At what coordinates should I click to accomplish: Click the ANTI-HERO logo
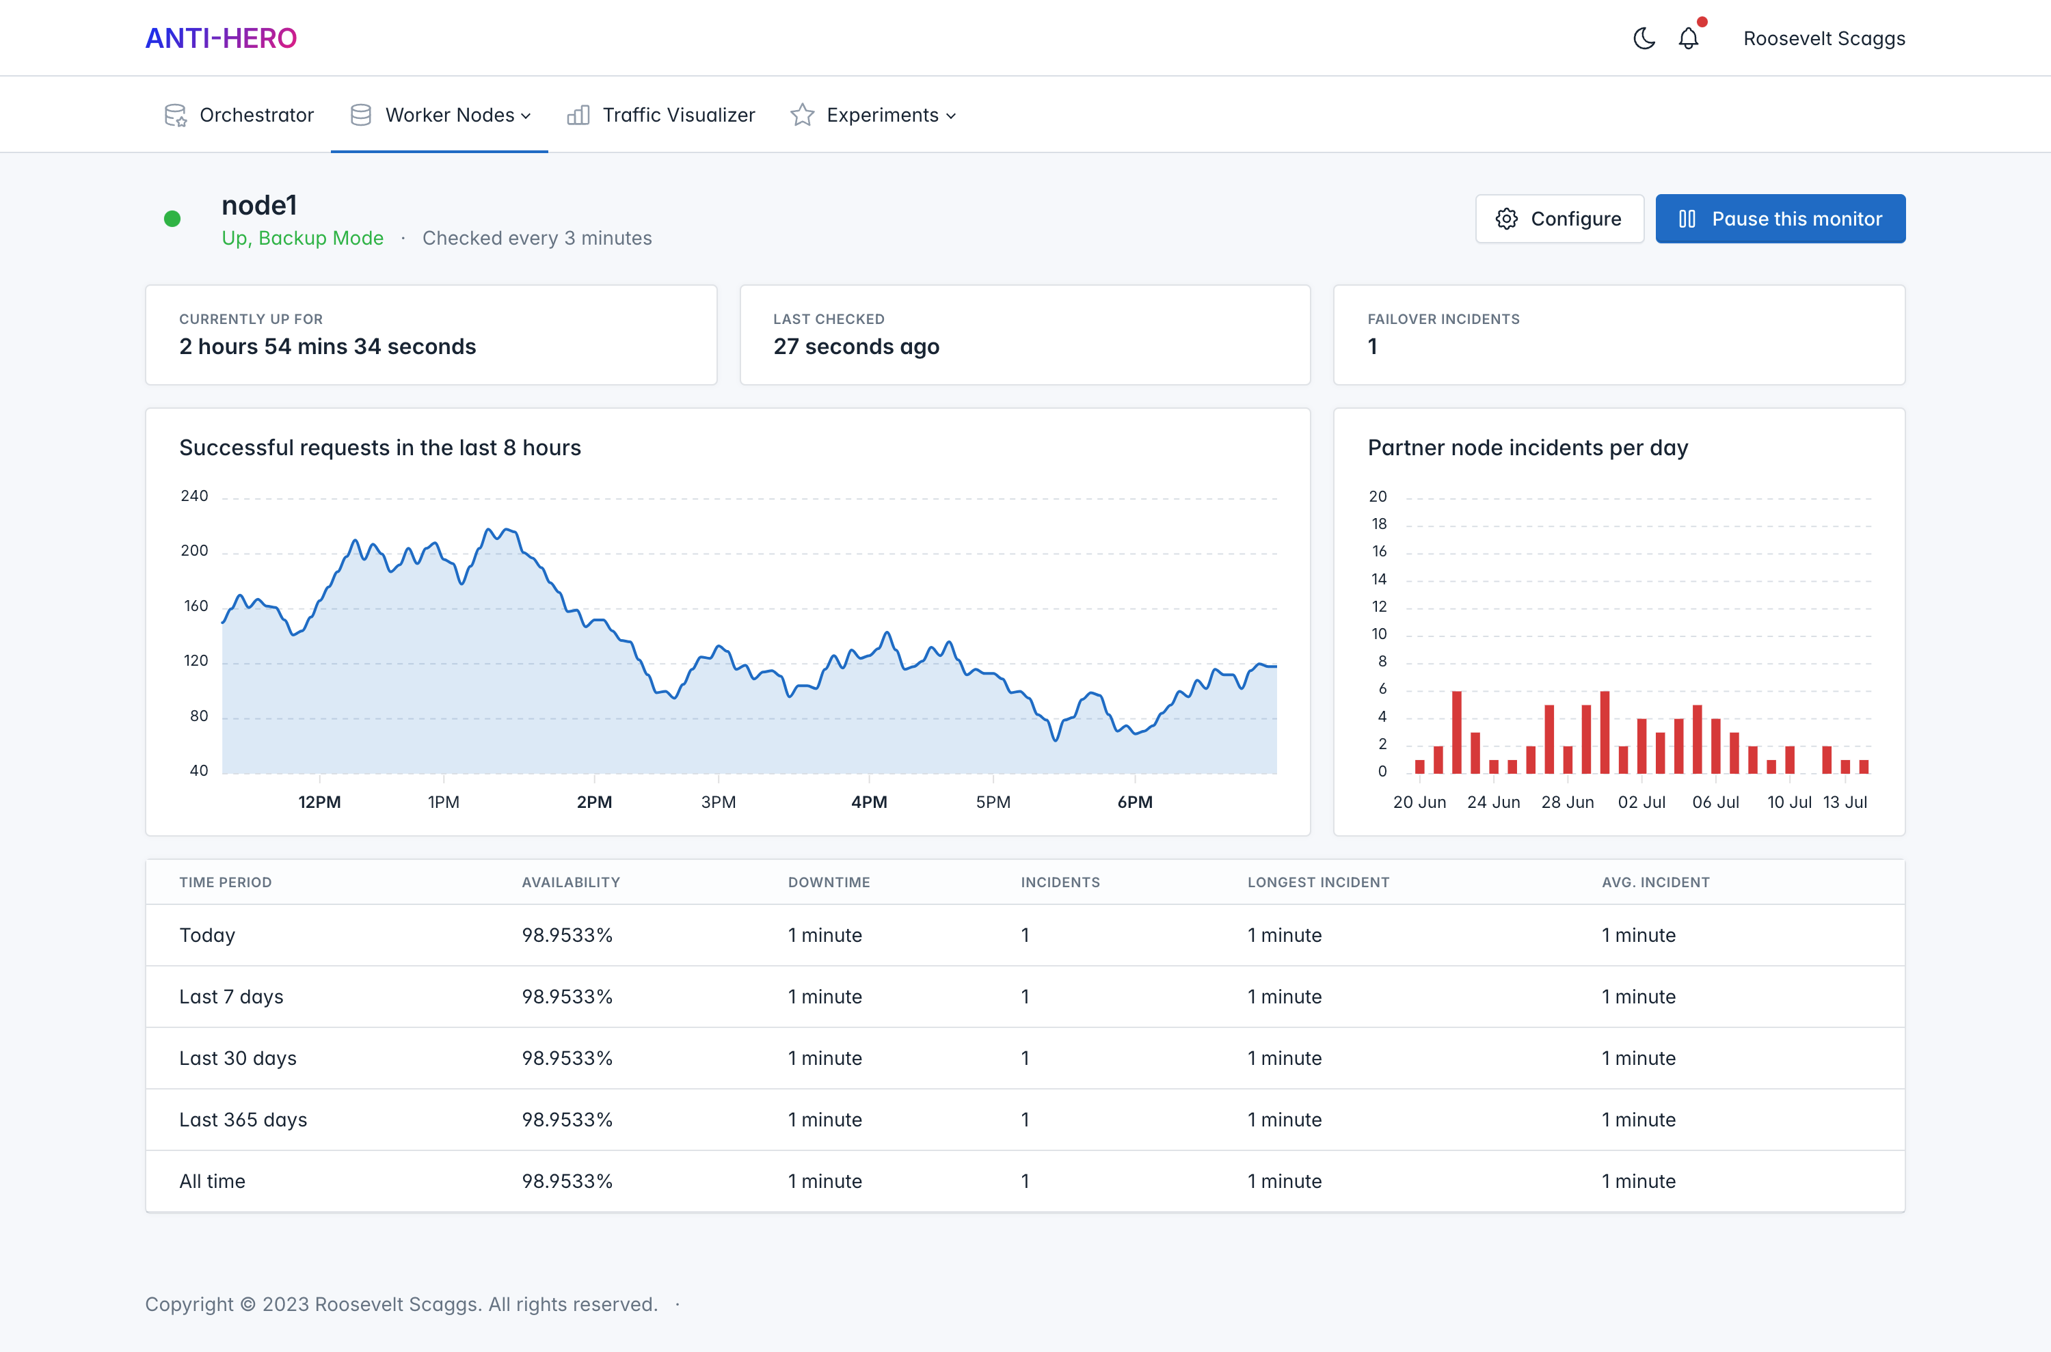(x=221, y=38)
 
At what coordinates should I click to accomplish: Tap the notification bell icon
(x=1688, y=38)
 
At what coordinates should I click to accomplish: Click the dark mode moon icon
(x=1644, y=38)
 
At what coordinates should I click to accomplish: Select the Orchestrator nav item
(x=239, y=115)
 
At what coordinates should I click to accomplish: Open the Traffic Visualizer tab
(x=660, y=115)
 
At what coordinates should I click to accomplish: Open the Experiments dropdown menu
(x=874, y=115)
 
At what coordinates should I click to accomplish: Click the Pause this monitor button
(x=1780, y=219)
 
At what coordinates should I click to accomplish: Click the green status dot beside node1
(x=172, y=219)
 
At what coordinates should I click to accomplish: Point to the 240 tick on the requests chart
(x=194, y=496)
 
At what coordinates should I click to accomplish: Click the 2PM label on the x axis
(x=594, y=802)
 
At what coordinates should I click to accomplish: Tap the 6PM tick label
(x=1135, y=802)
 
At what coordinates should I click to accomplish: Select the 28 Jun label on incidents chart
(x=1567, y=802)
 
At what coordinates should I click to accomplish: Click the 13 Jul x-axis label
(x=1845, y=802)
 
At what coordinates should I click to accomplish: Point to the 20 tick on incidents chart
(x=1378, y=497)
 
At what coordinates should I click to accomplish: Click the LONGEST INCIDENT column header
(x=1318, y=882)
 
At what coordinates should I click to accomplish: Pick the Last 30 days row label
(x=238, y=1058)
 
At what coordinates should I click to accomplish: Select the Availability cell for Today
(x=567, y=934)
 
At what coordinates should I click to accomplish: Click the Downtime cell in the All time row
(x=825, y=1181)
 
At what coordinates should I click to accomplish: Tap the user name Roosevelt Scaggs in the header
(x=1824, y=38)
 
